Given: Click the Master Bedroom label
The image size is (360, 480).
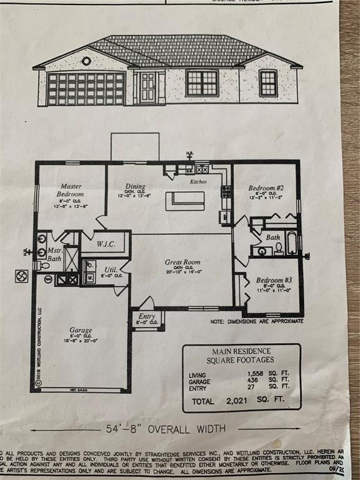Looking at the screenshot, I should click(71, 189).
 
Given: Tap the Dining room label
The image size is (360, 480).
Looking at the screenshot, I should click(135, 186).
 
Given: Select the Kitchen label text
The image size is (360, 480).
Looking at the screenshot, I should click(198, 181).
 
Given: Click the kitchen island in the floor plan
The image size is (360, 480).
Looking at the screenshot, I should click(185, 201).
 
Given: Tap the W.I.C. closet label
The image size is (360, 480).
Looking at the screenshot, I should click(106, 243).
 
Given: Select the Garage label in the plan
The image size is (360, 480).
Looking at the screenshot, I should click(81, 330).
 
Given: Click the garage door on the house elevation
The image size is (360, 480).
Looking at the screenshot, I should click(86, 89).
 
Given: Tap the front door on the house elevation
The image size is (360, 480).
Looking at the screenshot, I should click(147, 87).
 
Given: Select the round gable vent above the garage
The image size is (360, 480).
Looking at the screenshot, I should click(86, 61).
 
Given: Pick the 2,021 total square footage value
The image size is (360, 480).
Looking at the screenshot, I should click(241, 401).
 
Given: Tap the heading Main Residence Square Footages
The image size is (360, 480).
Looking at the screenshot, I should click(241, 356).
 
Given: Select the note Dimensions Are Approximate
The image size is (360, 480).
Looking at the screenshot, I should click(256, 321).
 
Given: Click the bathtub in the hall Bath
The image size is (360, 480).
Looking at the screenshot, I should click(291, 243).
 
